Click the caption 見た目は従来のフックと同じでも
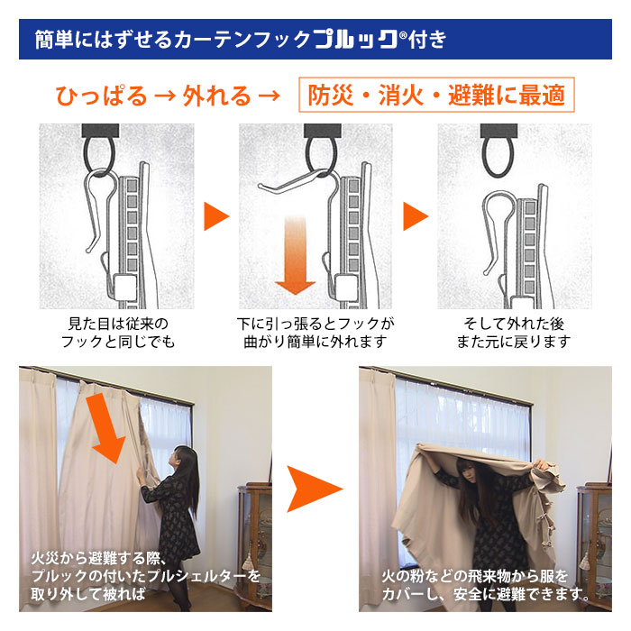[118, 333]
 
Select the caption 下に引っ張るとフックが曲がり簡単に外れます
[315, 333]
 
